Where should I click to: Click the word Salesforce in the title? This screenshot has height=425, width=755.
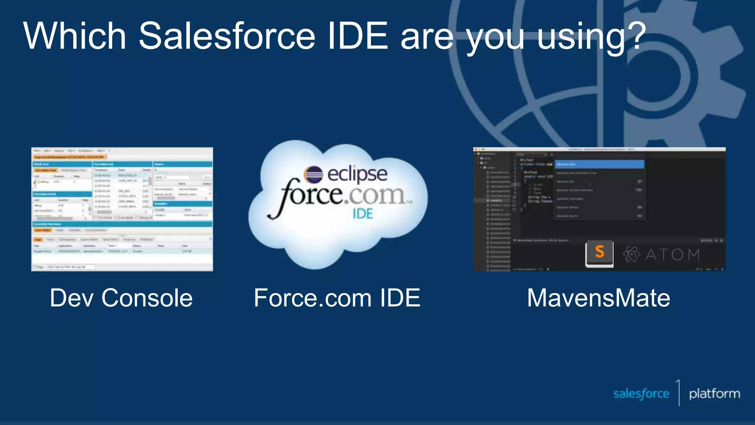226,36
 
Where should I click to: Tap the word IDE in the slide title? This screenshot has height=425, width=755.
358,36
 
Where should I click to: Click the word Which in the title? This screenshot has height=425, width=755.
75,36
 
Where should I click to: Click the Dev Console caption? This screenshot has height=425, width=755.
121,298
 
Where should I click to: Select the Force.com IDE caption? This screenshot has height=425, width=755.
337,298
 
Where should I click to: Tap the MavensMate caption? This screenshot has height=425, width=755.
598,298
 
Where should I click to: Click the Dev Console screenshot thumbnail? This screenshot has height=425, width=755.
122,209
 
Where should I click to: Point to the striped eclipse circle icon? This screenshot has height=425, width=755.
313,175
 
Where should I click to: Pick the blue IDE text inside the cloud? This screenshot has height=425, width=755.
363,214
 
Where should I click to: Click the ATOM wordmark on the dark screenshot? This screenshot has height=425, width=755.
672,255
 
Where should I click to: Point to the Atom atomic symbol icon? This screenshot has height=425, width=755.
632,254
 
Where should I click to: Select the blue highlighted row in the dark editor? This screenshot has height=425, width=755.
599,164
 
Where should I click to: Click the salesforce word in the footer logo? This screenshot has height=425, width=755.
641,394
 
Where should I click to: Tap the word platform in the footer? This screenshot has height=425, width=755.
714,394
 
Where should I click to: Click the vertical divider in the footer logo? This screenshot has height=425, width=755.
679,393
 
